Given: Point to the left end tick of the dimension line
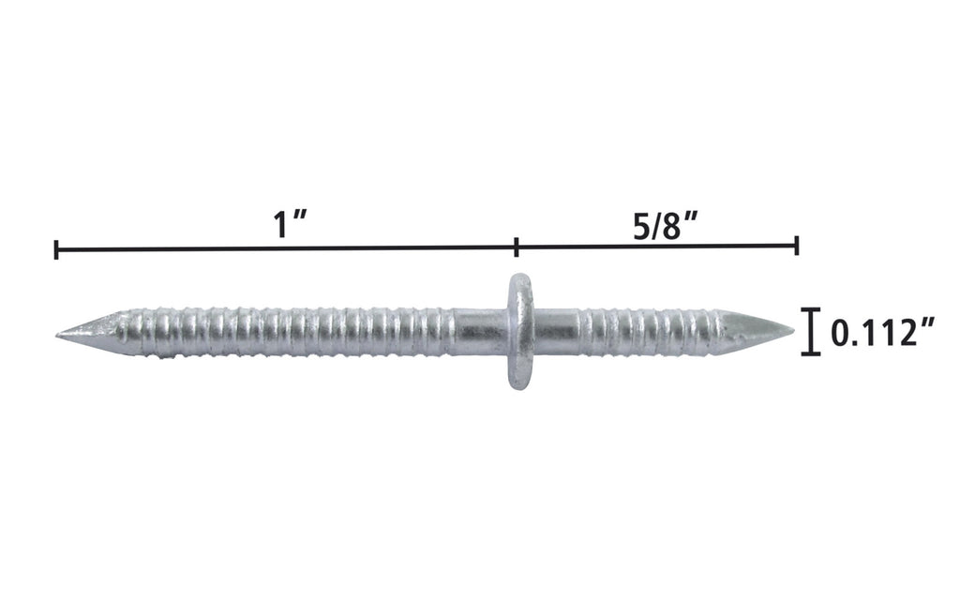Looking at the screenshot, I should [x=57, y=248].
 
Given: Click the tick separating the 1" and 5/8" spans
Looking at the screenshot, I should [x=517, y=248].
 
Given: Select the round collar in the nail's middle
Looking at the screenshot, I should [x=517, y=330].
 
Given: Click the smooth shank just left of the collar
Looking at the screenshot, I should [x=478, y=330].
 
